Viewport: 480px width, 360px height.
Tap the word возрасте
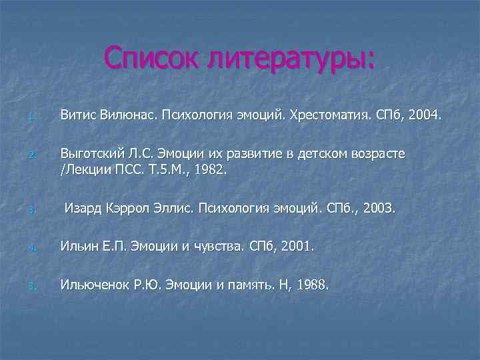(377, 154)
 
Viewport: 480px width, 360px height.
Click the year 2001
(293, 247)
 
